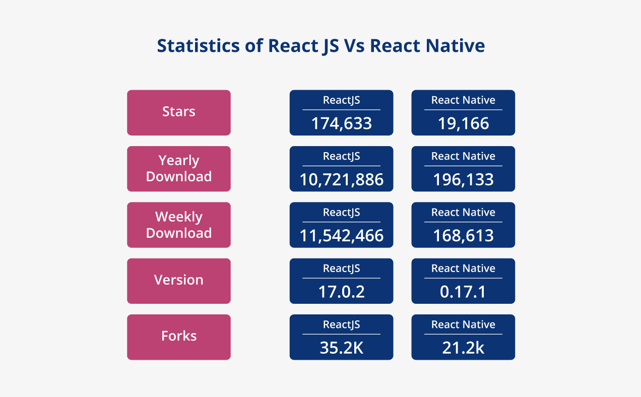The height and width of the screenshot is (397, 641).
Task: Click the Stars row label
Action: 178,112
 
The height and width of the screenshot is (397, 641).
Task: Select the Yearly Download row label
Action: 178,169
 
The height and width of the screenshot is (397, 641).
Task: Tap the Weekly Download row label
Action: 178,225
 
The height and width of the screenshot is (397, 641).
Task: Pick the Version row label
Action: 178,280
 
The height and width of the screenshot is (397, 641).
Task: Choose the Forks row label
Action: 178,336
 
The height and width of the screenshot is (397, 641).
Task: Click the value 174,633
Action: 341,123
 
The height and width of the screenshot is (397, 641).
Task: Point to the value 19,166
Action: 463,123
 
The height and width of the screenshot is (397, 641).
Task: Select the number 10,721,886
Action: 341,179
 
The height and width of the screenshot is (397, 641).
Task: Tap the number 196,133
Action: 463,179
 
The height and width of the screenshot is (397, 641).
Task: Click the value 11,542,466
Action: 341,235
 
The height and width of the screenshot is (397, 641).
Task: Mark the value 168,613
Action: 463,235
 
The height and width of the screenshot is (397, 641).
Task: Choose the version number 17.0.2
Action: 341,292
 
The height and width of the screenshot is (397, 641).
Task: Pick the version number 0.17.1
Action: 463,292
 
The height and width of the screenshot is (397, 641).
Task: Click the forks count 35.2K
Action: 341,348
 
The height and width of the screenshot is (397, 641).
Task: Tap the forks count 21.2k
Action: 463,348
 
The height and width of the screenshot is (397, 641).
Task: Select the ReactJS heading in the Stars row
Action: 341,100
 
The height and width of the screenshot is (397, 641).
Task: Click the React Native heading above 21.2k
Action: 463,324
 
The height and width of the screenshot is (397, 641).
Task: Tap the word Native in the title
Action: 455,45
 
